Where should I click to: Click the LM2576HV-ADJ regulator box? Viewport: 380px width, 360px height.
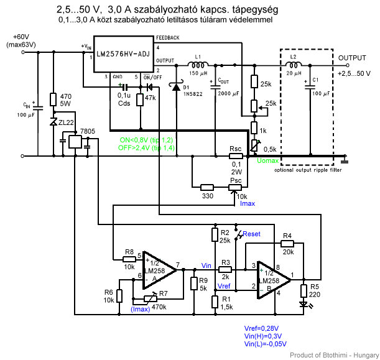pos(124,54)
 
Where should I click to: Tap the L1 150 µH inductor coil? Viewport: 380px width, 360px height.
pos(198,65)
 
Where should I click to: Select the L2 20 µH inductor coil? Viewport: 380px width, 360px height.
pos(294,65)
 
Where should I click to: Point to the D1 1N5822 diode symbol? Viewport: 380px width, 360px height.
pos(176,86)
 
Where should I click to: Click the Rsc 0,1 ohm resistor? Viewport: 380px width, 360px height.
pos(236,156)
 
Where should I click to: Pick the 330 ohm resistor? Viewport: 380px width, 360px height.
pos(207,187)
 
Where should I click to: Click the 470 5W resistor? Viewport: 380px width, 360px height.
pos(53,99)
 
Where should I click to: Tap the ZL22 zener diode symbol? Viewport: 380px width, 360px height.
pos(53,122)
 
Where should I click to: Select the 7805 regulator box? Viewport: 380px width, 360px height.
pos(75,142)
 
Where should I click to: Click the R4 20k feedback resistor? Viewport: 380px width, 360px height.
pos(287,244)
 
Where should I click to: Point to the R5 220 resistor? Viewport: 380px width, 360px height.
pos(304,291)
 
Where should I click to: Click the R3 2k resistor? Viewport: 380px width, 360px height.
pos(225,269)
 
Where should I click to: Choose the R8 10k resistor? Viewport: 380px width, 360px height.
pos(129,259)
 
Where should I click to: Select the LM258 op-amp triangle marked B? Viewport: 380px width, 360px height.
pos(274,280)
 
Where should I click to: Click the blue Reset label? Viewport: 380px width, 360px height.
pos(251,234)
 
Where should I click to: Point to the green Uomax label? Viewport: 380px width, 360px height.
pos(268,160)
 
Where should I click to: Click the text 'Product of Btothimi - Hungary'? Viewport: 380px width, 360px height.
pos(335,355)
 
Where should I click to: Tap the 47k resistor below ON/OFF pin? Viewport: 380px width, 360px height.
pos(140,99)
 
